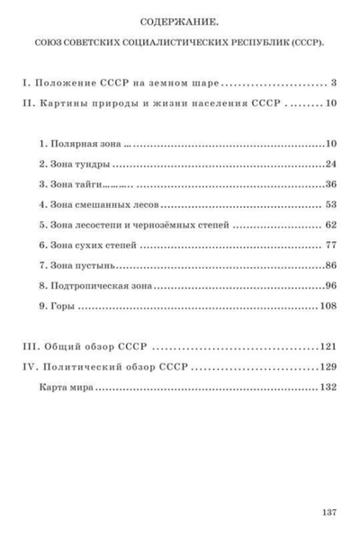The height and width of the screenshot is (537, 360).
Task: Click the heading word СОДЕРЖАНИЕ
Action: tap(180, 18)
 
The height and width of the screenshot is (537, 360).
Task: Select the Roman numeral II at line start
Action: tap(27, 103)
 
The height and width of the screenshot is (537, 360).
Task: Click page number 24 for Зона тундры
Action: tap(329, 164)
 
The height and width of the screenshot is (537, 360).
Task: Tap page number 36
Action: tap(329, 184)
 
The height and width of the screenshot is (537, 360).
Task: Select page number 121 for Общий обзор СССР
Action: tap(327, 346)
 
